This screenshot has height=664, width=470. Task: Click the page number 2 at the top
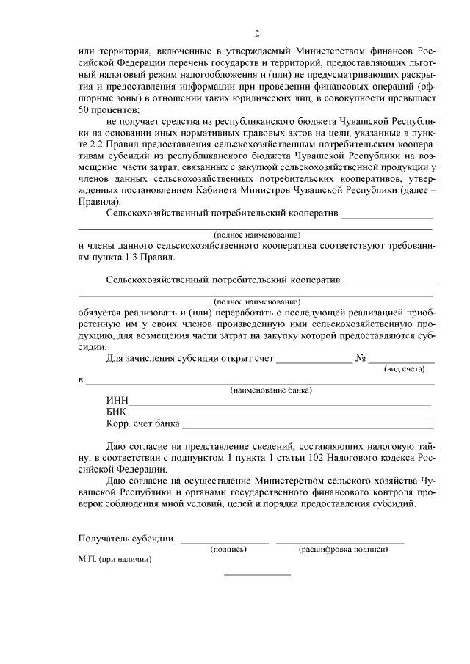[x=257, y=34]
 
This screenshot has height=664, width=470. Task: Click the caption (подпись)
[x=228, y=549]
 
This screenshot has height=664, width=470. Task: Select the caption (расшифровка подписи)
[x=342, y=549]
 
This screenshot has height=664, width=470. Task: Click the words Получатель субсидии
[x=126, y=539]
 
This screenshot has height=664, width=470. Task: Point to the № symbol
[x=361, y=360]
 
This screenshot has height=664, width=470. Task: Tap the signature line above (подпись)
[x=225, y=542]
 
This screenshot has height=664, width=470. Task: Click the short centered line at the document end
[x=257, y=574]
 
